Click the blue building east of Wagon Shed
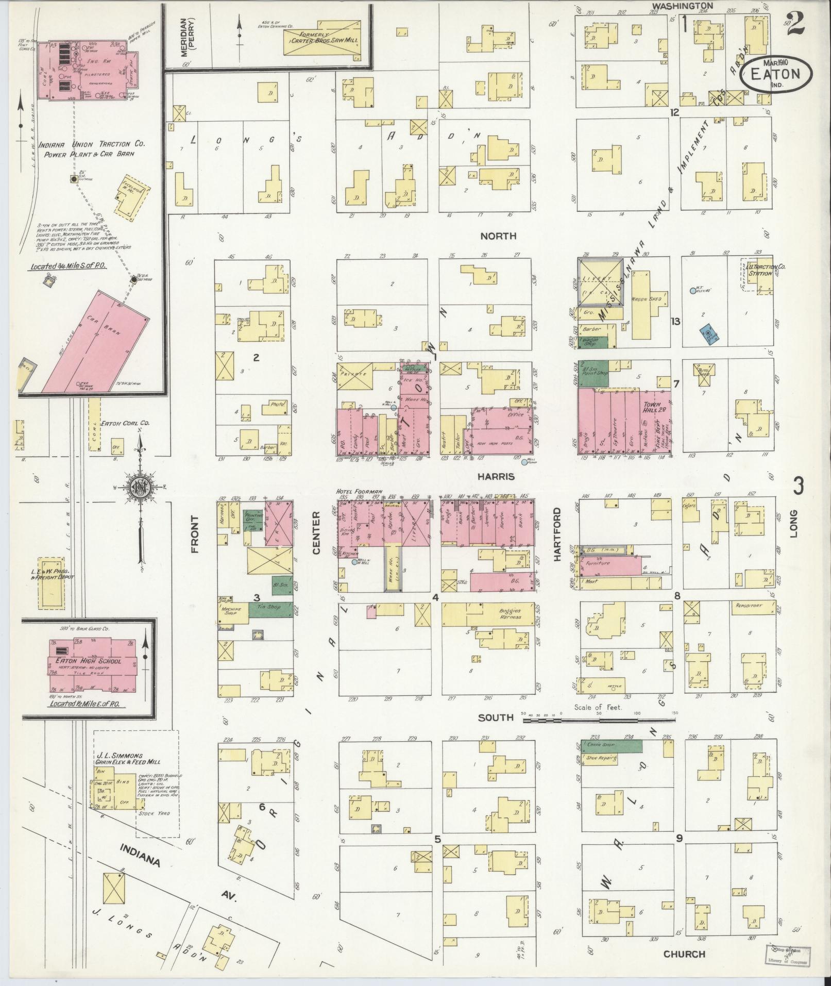coord(708,333)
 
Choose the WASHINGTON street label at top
coord(682,6)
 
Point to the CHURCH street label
coord(684,954)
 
